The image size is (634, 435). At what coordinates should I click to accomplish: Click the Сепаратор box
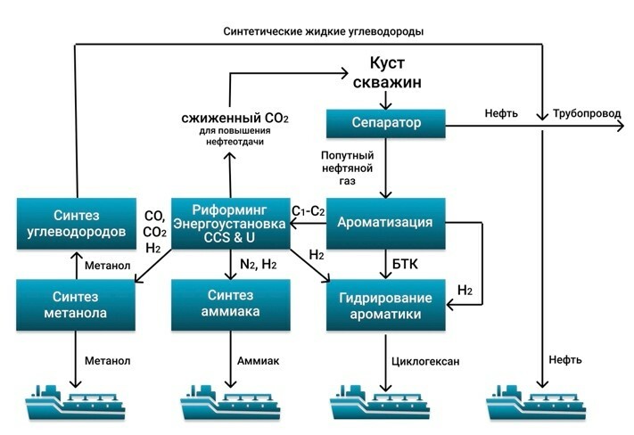pos(386,122)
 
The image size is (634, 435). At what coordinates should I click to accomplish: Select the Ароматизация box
pos(386,222)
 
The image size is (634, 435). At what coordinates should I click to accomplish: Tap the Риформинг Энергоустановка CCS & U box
pos(230,222)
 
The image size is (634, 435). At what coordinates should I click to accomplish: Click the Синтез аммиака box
pos(230,304)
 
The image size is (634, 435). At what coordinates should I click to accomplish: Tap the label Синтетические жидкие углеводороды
pos(323,31)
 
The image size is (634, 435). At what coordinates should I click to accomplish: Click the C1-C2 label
pos(309,210)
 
